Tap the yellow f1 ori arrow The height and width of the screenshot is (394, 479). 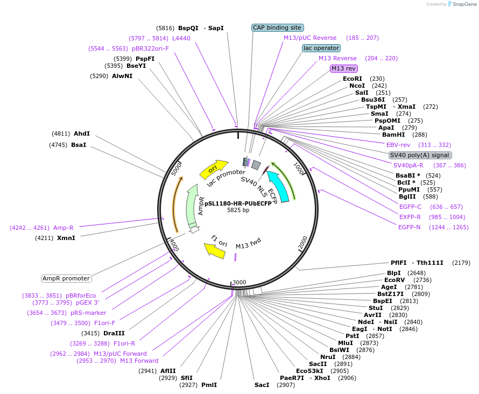pos(215,250)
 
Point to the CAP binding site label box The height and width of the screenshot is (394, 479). pos(277,27)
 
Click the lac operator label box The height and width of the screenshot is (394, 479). pos(321,48)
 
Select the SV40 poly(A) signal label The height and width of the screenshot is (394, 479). pos(420,155)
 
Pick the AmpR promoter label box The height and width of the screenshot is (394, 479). pos(66,278)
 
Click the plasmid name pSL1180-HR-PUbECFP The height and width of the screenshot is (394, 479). pos(238,203)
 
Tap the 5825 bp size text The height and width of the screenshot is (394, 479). pos(238,210)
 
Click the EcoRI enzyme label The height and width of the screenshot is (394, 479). pos(353,79)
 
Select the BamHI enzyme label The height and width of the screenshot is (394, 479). pos(393,135)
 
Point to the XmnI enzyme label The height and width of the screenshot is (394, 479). pos(66,237)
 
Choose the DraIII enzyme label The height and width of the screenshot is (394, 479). pos(114,333)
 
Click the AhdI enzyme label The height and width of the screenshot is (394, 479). pos(82,133)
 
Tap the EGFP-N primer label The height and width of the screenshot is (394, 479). pos(409,227)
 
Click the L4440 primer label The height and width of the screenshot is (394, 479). pos(181,38)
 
